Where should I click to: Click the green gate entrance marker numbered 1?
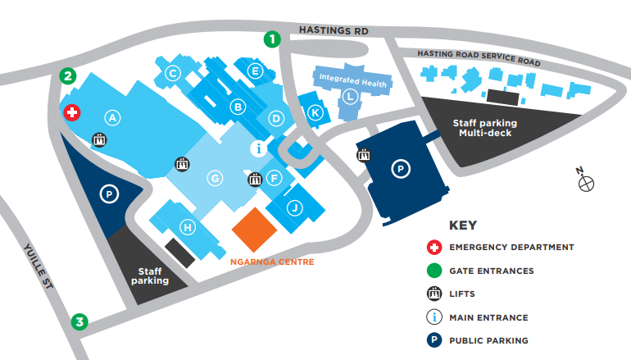272,39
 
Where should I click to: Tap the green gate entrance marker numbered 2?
69,77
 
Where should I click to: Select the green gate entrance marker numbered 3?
79,322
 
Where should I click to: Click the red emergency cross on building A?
72,112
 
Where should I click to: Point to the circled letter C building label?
173,73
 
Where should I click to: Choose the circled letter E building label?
256,71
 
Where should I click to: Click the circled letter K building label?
314,113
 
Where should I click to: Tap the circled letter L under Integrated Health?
350,97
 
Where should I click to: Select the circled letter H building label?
188,227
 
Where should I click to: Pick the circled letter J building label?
293,207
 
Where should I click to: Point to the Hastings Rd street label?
334,31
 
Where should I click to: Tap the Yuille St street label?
36,263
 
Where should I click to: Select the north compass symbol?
586,183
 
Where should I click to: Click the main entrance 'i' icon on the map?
259,148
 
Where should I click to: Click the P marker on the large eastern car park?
401,170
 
